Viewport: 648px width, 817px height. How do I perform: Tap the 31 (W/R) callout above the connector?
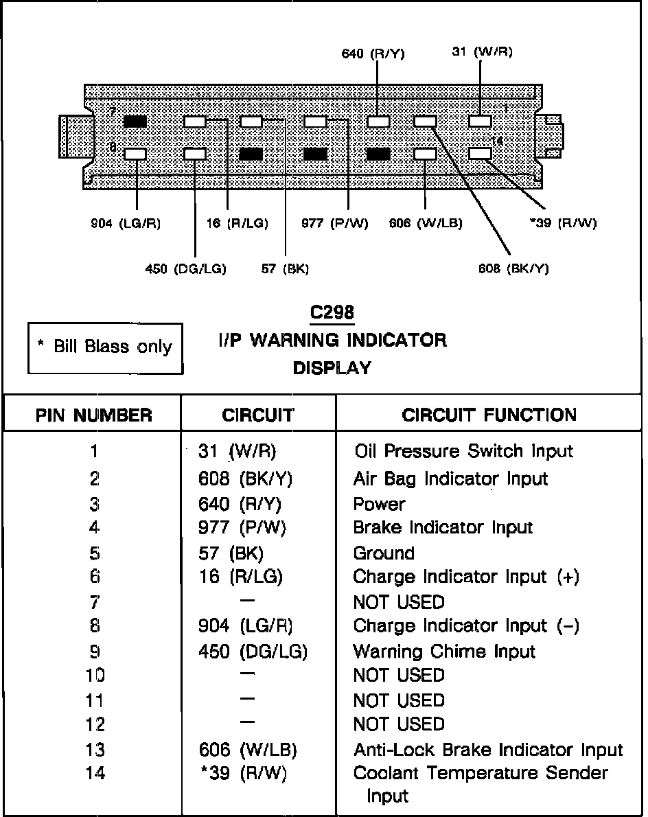pyautogui.click(x=482, y=51)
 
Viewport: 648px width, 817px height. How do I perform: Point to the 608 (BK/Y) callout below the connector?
pyautogui.click(x=513, y=268)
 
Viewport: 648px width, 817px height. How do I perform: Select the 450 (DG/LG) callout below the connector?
pyautogui.click(x=185, y=268)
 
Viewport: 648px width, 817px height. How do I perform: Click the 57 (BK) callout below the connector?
pyautogui.click(x=285, y=268)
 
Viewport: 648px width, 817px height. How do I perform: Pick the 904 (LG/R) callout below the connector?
pyautogui.click(x=126, y=223)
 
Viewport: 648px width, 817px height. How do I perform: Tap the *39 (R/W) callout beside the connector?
pyautogui.click(x=563, y=223)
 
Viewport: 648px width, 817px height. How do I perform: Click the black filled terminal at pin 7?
pyautogui.click(x=135, y=122)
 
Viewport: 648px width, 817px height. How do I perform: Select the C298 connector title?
pyautogui.click(x=332, y=312)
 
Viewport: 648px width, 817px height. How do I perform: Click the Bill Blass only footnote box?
pyautogui.click(x=106, y=347)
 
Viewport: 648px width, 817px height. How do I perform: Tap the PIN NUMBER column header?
pyautogui.click(x=93, y=415)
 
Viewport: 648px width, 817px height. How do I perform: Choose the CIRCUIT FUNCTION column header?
pyautogui.click(x=489, y=415)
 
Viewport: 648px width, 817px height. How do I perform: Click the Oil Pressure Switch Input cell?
pyautogui.click(x=463, y=451)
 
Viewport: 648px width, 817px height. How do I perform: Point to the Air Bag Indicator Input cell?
pyautogui.click(x=450, y=479)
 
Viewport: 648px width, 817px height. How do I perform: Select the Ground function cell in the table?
pyautogui.click(x=384, y=553)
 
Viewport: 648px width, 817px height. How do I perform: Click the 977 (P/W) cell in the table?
pyautogui.click(x=242, y=527)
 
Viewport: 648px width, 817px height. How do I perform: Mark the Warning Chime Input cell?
pyautogui.click(x=444, y=651)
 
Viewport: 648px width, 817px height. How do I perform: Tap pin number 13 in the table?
pyautogui.click(x=95, y=750)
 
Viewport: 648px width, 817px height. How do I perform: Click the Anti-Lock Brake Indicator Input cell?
pyautogui.click(x=487, y=750)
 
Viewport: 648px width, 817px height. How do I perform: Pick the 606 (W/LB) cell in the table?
pyautogui.click(x=247, y=750)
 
